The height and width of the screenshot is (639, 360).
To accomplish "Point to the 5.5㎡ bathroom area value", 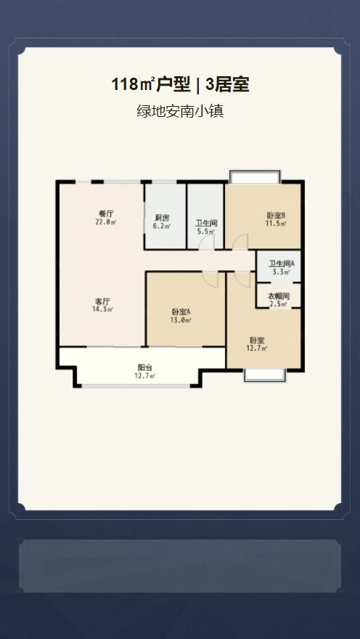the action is tap(205, 232).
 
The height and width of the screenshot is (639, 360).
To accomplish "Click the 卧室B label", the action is tap(276, 215).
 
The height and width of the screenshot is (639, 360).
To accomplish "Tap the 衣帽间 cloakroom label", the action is tap(279, 296).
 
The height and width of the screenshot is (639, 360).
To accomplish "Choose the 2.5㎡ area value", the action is tap(279, 304).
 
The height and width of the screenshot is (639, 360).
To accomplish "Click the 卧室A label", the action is tap(181, 312).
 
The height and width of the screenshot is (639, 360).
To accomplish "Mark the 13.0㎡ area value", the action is tap(181, 320).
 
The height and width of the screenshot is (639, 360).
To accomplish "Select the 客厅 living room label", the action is tap(102, 301).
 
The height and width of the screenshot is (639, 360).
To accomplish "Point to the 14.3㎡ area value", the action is tap(102, 309).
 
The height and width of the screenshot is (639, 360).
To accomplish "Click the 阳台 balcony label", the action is tap(145, 367).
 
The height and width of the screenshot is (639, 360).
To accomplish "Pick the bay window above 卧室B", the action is tap(255, 177).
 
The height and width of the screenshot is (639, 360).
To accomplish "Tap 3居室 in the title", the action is tap(228, 85).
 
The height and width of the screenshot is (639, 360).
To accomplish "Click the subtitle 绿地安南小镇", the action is tap(180, 111).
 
